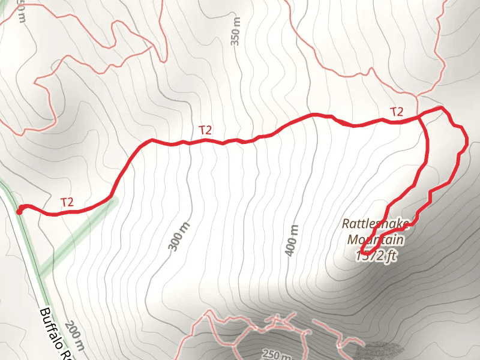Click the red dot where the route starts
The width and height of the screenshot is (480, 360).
19,210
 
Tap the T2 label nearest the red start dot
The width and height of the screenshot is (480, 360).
67,202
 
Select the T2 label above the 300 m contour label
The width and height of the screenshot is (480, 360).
205,129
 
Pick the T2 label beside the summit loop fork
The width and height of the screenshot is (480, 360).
397,112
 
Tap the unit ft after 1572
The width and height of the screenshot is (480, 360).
391,256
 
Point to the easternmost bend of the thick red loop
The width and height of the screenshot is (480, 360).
466,141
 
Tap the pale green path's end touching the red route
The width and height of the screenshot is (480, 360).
114,199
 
